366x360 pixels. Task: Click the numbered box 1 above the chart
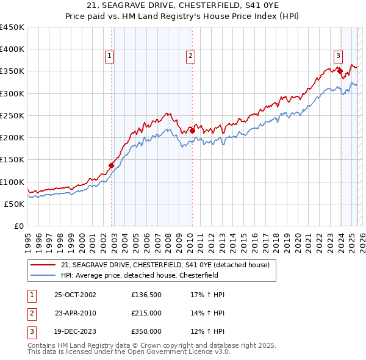click(x=110, y=56)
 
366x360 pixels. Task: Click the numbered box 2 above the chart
click(x=190, y=56)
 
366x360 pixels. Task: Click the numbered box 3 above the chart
click(x=337, y=56)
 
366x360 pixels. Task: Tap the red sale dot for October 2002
click(x=112, y=165)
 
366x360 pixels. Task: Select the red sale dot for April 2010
click(x=192, y=131)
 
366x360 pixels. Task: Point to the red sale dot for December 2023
click(x=340, y=71)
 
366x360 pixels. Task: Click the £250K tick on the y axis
click(x=12, y=115)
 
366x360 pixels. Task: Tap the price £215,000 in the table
click(x=146, y=314)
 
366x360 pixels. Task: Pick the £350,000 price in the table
click(x=146, y=332)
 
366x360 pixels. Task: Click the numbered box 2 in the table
click(x=30, y=314)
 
